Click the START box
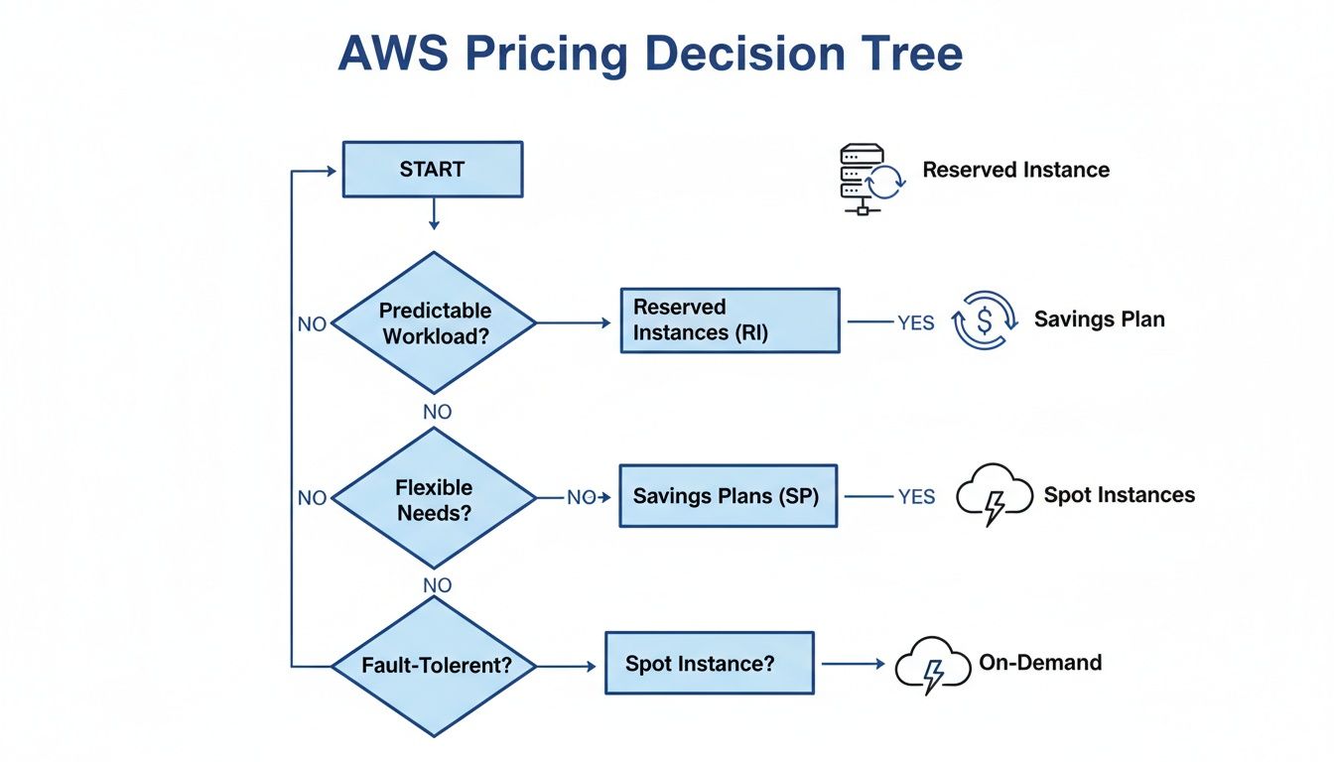432,170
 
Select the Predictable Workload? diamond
434,322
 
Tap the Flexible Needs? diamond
434,499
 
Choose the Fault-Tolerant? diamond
434,665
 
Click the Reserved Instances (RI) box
730,320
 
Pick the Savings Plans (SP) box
728,495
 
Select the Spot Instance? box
709,663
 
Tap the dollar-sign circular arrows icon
985,320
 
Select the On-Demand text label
1040,662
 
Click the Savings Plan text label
1099,319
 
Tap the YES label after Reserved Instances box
915,322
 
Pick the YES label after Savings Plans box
915,497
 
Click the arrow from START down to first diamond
433,213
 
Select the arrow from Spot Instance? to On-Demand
853,664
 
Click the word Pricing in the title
546,55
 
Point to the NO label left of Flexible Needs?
312,498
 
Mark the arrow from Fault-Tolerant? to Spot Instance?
569,665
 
